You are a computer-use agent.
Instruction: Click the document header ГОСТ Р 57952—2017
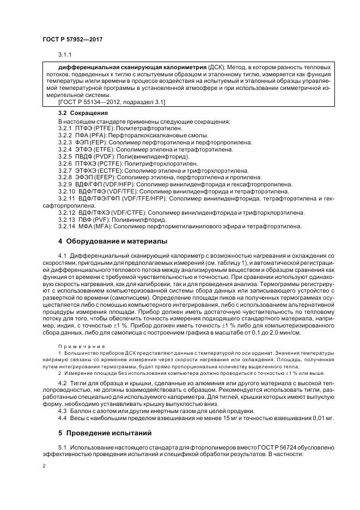72,40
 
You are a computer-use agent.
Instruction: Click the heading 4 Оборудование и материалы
113,241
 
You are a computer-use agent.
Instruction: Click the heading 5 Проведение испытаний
103,433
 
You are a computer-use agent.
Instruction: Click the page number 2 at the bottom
44,467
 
